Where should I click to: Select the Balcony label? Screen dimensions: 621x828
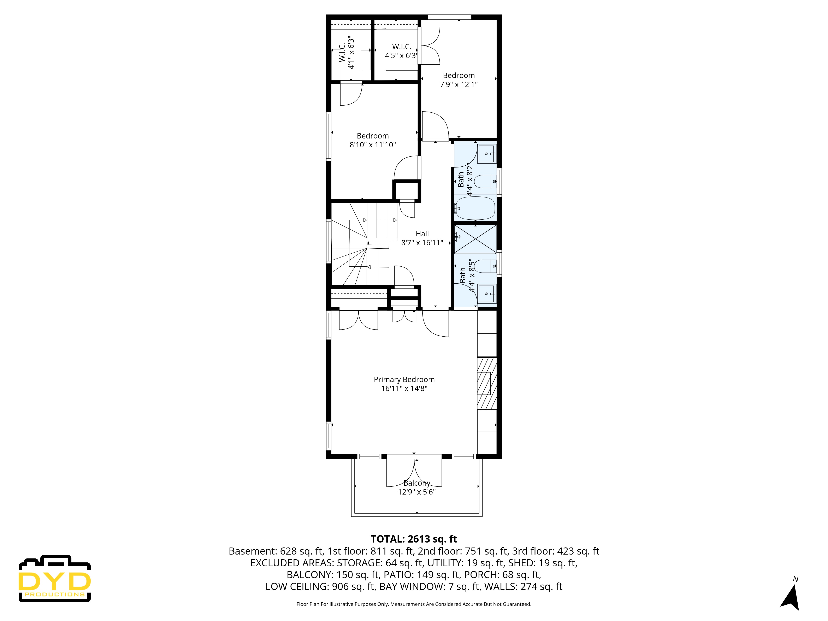pyautogui.click(x=417, y=483)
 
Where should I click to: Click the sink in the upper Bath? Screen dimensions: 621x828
pyautogui.click(x=486, y=154)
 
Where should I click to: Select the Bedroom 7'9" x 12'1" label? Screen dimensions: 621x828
pyautogui.click(x=459, y=80)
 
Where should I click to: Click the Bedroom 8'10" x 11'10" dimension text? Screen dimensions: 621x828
pyautogui.click(x=372, y=145)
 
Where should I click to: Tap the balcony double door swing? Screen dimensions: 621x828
pyautogui.click(x=414, y=472)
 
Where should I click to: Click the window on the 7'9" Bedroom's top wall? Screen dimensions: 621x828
pyautogui.click(x=449, y=17)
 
